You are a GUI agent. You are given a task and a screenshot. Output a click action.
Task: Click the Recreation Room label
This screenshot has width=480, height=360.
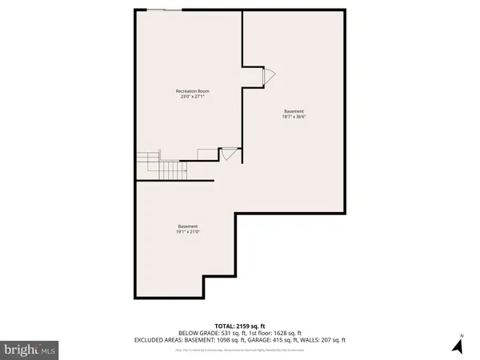point(192,91)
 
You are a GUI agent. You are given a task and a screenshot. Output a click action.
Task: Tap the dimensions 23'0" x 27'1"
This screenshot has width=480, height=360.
point(192,98)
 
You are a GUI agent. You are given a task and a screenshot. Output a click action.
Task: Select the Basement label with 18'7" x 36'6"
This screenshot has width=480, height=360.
point(294,110)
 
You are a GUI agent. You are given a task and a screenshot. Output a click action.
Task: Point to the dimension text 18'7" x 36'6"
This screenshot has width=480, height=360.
point(294,117)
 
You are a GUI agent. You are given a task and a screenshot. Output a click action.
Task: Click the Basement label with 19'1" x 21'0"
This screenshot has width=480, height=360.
point(188,226)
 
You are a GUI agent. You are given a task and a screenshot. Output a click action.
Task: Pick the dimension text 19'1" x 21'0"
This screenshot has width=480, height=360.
point(188,233)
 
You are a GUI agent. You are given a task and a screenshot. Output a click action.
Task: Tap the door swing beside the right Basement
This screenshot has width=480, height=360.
point(270,76)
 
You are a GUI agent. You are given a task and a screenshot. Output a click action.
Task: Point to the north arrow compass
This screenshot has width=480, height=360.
point(458,345)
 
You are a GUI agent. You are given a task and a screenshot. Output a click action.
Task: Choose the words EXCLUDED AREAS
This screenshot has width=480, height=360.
point(158,341)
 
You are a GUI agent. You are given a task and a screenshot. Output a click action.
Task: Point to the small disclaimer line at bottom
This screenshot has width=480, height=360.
point(240,349)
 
